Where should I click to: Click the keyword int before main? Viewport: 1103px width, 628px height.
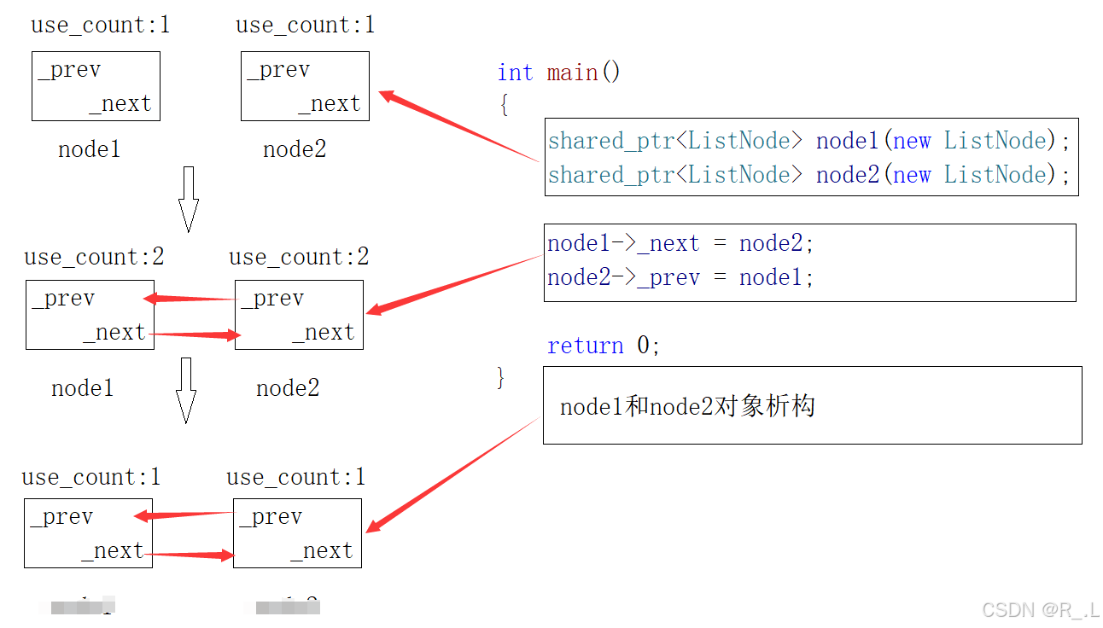(515, 73)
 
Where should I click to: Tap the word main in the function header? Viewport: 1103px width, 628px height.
(572, 73)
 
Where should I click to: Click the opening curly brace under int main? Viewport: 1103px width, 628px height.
(504, 105)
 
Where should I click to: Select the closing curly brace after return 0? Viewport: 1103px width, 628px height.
(501, 376)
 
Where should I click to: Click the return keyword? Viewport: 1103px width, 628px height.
(586, 346)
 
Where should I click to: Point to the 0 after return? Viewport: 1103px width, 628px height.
(644, 346)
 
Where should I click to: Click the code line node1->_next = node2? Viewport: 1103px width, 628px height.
(680, 244)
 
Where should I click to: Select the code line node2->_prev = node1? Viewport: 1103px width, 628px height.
(680, 278)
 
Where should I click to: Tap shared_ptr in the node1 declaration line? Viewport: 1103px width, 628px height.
(610, 141)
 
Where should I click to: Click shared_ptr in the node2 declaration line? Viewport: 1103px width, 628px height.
(610, 175)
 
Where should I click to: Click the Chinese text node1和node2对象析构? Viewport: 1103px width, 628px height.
(687, 406)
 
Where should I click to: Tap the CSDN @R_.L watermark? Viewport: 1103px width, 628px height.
(1040, 609)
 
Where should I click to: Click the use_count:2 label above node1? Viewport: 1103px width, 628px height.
(94, 257)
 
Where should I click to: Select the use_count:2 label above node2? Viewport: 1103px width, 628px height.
(299, 257)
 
